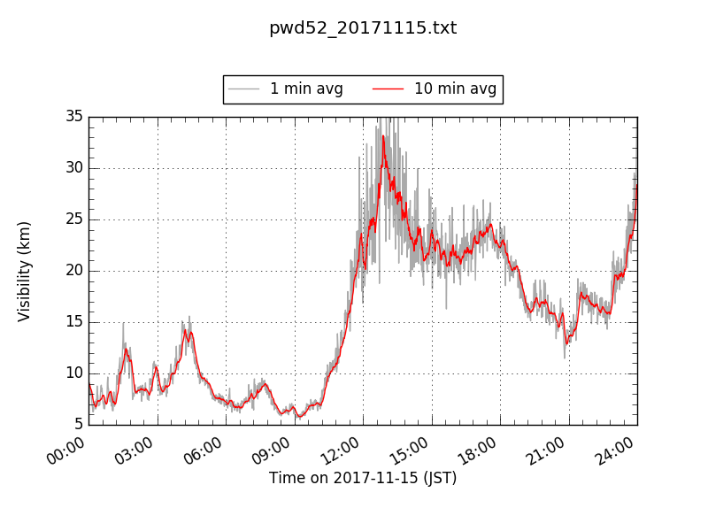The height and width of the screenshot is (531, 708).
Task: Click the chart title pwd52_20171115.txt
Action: click(363, 28)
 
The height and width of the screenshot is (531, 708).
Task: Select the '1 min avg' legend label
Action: click(306, 89)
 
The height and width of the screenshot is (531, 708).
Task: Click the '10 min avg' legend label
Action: click(455, 89)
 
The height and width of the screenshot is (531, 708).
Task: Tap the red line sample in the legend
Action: click(388, 89)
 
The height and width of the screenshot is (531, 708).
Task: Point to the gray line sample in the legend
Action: click(243, 89)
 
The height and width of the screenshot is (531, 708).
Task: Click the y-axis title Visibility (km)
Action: click(25, 271)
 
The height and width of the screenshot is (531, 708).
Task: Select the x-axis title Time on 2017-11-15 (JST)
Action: click(363, 478)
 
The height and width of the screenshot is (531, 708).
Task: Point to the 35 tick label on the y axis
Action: click(73, 117)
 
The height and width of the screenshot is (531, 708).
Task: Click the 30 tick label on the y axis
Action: click(73, 168)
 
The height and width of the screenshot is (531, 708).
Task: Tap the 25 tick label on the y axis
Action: click(73, 219)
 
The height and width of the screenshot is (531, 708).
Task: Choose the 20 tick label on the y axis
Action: click(73, 271)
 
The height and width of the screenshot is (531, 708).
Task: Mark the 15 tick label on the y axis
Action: click(73, 322)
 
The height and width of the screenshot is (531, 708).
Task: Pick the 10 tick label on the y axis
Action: click(73, 373)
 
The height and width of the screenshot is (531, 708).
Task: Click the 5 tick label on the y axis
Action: click(78, 425)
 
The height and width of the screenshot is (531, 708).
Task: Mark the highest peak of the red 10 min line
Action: click(383, 136)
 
